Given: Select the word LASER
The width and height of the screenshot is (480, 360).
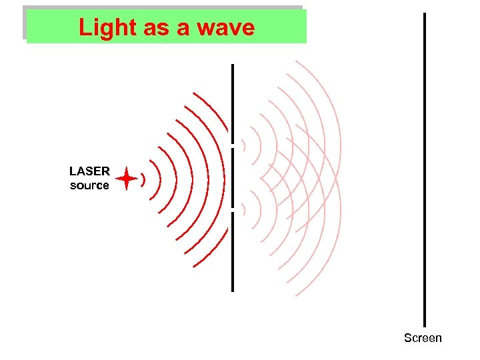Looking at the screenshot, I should click(89, 171).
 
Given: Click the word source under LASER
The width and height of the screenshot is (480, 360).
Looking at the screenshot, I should click(89, 185).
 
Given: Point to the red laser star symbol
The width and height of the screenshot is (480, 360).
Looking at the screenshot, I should click(126, 179).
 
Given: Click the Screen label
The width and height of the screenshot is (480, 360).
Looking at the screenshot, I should click(423, 338).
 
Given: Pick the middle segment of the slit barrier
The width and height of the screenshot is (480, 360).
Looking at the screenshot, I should click(233, 177).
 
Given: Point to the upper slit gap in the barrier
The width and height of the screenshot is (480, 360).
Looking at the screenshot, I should click(233, 145).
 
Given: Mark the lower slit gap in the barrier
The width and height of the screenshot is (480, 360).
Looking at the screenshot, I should click(233, 210).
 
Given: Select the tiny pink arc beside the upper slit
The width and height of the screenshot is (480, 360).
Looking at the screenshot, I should click(244, 145).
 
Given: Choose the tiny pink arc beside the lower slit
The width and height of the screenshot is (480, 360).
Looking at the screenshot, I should click(244, 209).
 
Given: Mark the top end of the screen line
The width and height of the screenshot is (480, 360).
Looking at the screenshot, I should click(424, 15).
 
